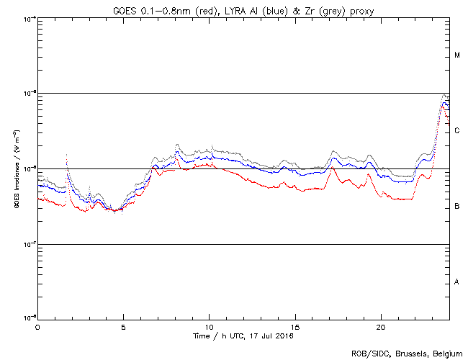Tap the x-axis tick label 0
37,327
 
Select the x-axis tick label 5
123,327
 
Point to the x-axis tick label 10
209,327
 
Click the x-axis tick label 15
294,327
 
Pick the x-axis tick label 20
380,327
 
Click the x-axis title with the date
243,336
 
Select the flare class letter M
457,55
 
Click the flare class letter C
457,131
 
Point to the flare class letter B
457,207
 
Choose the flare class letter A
457,282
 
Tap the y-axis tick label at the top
28,19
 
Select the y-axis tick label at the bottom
28,318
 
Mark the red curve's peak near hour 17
331,170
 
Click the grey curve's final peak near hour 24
444,96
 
